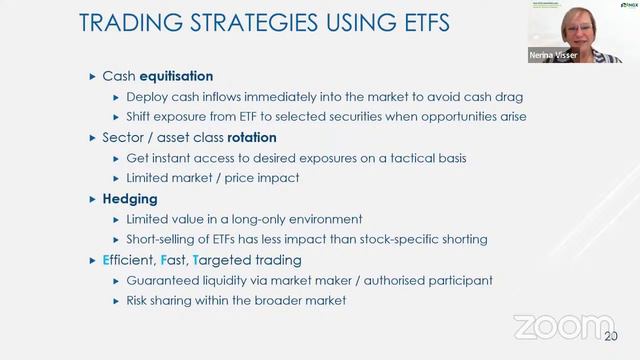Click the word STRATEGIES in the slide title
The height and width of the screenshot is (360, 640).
pos(219,22)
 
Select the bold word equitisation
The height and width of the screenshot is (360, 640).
pos(177,76)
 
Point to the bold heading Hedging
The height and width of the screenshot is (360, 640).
pos(130,199)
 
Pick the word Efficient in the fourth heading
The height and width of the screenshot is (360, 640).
pos(131,260)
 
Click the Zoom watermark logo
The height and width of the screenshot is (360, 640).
pos(564,327)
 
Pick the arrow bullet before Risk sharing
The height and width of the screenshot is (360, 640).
pos(116,300)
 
